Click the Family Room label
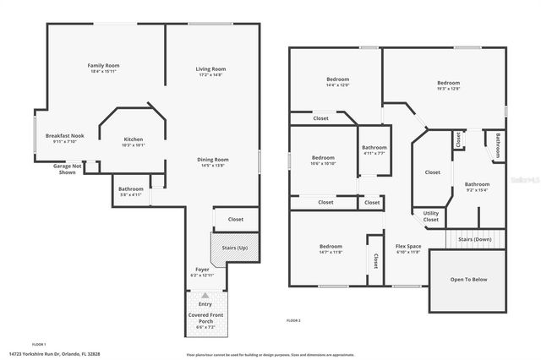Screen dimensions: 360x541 click(104, 65)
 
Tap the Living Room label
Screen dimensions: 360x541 click(211, 68)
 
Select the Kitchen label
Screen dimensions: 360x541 click(134, 139)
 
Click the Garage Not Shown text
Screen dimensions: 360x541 click(67, 169)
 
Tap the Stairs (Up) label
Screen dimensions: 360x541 click(234, 248)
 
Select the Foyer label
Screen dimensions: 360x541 click(202, 270)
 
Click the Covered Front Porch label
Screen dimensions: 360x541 click(205, 319)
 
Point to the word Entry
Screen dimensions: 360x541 click(205, 303)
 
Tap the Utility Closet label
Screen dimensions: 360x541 click(431, 216)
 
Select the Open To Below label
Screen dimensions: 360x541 click(468, 279)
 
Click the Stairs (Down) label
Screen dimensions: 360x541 click(475, 239)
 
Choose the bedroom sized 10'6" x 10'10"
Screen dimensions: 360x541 click(323, 160)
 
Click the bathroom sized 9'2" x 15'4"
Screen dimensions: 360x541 click(477, 186)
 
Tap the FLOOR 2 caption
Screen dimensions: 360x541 click(293, 321)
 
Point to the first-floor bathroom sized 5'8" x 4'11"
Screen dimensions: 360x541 click(131, 191)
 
